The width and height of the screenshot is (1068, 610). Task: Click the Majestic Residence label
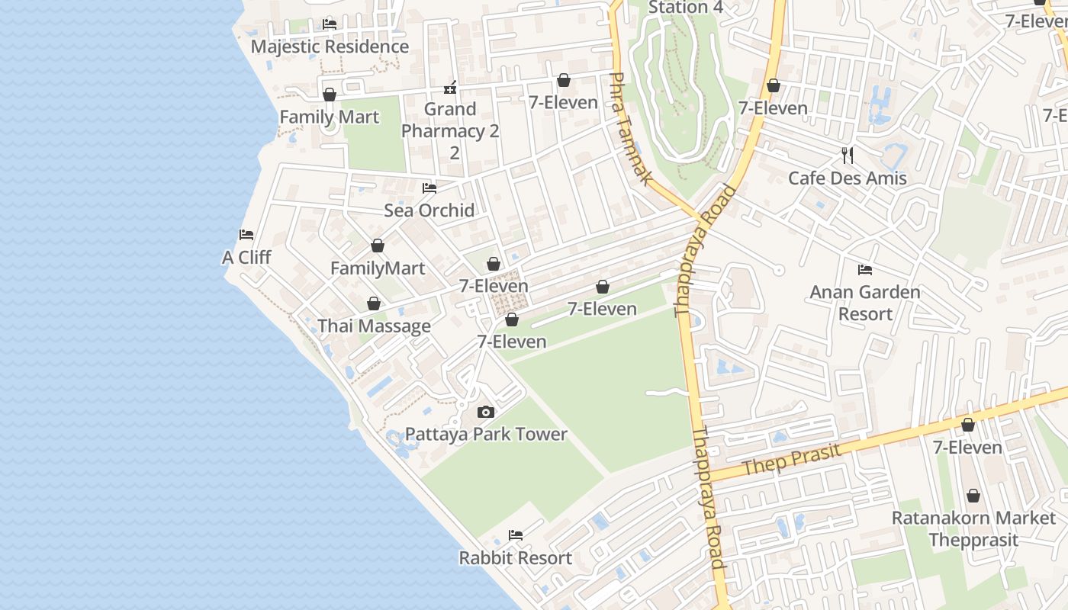click(x=330, y=47)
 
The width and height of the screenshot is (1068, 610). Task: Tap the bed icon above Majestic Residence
click(x=330, y=24)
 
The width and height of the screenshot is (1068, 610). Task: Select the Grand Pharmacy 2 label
click(x=450, y=130)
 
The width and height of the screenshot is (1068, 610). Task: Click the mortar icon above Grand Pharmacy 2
click(x=450, y=87)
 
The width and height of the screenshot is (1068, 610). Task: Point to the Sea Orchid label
click(x=429, y=210)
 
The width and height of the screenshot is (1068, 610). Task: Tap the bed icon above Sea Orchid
click(x=429, y=188)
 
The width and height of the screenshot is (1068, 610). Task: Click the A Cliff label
click(x=246, y=258)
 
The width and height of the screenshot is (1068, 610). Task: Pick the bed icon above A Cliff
click(x=246, y=235)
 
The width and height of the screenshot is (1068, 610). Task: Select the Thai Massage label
click(x=374, y=326)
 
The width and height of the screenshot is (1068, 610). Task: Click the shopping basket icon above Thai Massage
click(x=374, y=304)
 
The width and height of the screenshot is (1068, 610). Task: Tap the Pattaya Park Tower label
click(x=486, y=435)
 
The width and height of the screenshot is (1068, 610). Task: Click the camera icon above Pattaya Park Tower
click(x=486, y=413)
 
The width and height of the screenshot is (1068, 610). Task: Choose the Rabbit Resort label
click(x=515, y=558)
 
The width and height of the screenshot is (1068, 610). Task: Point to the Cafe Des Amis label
click(x=847, y=178)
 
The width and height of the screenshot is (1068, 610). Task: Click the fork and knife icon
click(x=847, y=156)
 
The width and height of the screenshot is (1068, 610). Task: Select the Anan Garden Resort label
click(x=864, y=303)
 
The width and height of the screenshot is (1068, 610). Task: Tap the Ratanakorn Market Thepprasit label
click(x=973, y=529)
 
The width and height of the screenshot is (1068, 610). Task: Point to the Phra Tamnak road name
click(x=630, y=128)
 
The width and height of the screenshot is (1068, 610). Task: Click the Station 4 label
click(x=685, y=8)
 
